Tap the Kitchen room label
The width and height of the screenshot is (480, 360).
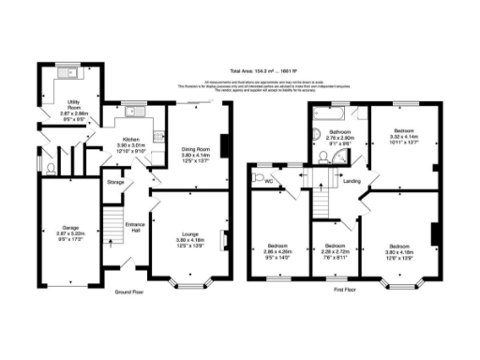coord(127,139)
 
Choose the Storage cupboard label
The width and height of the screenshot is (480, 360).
coord(115,181)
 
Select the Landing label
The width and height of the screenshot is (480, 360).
coord(352,180)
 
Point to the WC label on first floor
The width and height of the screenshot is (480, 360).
coord(268,181)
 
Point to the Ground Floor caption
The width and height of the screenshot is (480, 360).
coord(129,292)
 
